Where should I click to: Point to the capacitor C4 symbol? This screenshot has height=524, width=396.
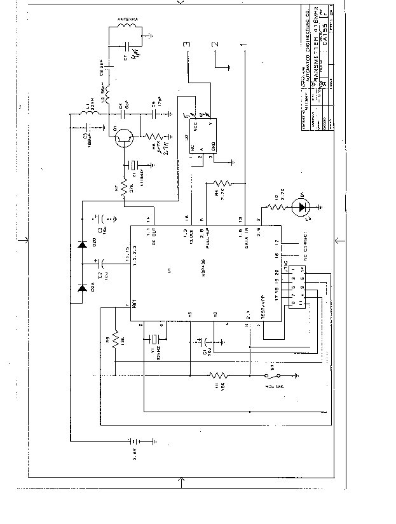coord(119,114)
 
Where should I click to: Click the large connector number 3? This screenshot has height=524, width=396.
coord(186,45)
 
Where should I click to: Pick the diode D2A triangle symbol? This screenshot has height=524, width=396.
coord(82,287)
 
